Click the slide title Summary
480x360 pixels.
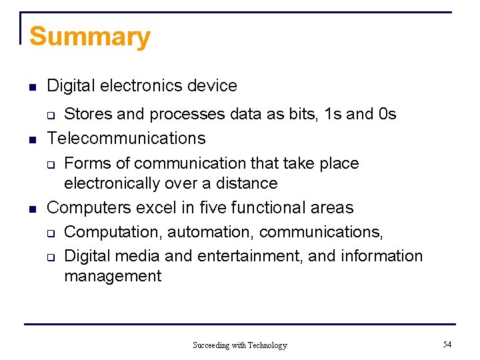[x=90, y=37]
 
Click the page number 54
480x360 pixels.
[x=447, y=344]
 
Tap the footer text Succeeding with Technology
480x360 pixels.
[x=239, y=345]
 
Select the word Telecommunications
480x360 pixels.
[x=127, y=139]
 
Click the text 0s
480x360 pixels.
[x=387, y=114]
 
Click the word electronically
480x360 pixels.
[x=110, y=183]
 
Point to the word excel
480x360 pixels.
[x=156, y=208]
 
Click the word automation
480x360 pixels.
[x=211, y=232]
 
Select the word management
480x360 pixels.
[x=113, y=276]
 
